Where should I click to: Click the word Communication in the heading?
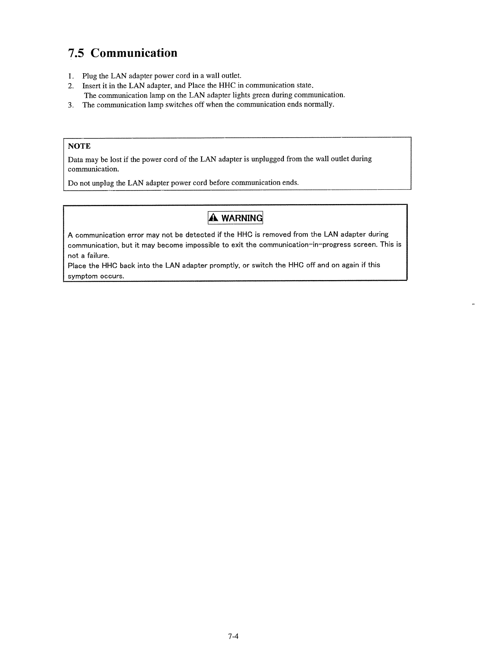click(x=134, y=53)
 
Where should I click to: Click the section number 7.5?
click(x=76, y=53)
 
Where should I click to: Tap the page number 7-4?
click(x=233, y=636)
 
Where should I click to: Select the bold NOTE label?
click(x=79, y=146)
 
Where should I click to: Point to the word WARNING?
click(x=242, y=218)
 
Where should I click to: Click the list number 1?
click(x=70, y=76)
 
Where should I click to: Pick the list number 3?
click(x=70, y=105)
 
